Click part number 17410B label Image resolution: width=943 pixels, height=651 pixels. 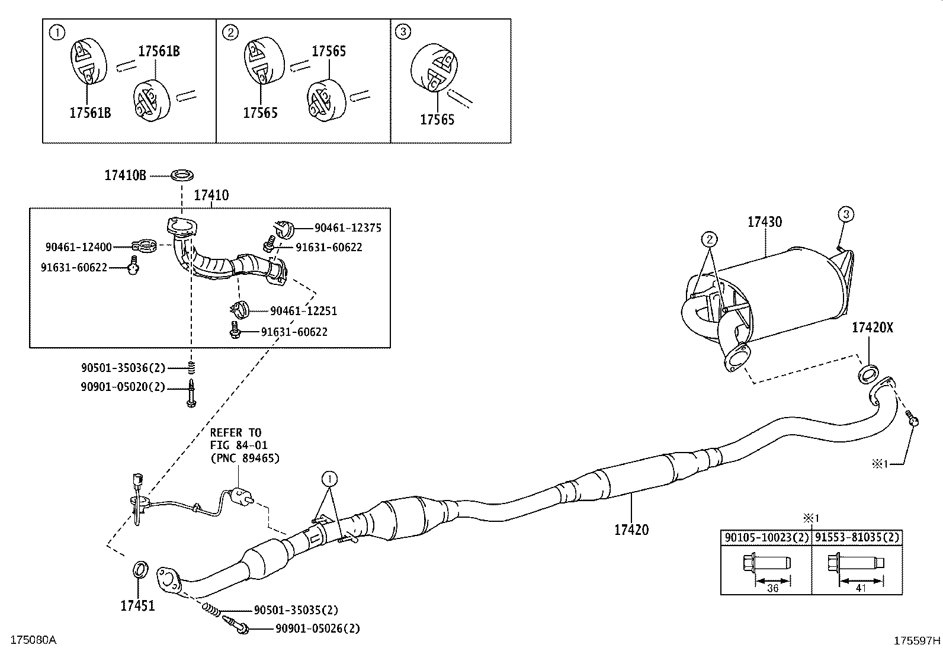tap(125, 175)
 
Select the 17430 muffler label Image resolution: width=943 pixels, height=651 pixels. tap(764, 222)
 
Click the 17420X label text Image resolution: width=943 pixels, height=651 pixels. tap(872, 327)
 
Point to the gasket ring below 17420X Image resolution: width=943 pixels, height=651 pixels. tap(868, 374)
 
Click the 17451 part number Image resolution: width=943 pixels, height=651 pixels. tap(137, 605)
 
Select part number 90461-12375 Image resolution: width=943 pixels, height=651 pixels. tap(348, 227)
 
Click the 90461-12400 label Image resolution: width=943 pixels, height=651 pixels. tap(78, 246)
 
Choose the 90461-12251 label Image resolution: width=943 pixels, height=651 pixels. tap(303, 311)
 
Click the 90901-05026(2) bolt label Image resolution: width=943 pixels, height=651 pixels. tap(317, 628)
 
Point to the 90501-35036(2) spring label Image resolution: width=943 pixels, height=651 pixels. tap(123, 368)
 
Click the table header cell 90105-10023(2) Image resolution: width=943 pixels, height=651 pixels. tap(765, 538)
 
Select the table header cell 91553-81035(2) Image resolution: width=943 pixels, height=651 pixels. tap(857, 538)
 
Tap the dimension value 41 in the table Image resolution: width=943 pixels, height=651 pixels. tap(861, 588)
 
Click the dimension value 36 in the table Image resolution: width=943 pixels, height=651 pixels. tap(772, 588)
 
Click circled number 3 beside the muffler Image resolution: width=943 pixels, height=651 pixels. tap(846, 214)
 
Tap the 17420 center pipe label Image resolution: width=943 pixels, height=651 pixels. tap(631, 530)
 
